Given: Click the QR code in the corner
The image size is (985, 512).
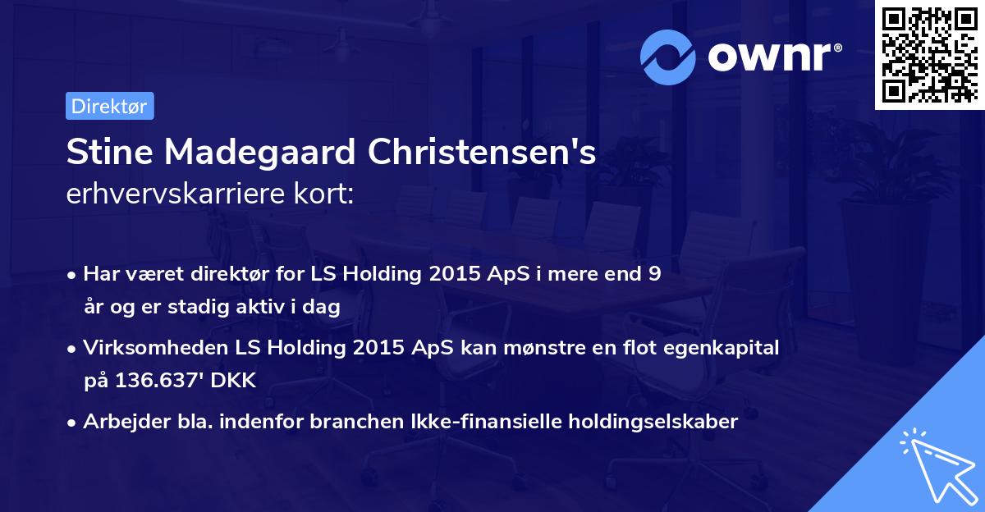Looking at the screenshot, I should [x=929, y=55].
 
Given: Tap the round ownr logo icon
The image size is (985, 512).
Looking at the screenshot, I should [x=668, y=57].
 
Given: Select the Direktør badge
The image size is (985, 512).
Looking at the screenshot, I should [x=109, y=106].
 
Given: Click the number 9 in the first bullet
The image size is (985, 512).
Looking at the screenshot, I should [x=654, y=274].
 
